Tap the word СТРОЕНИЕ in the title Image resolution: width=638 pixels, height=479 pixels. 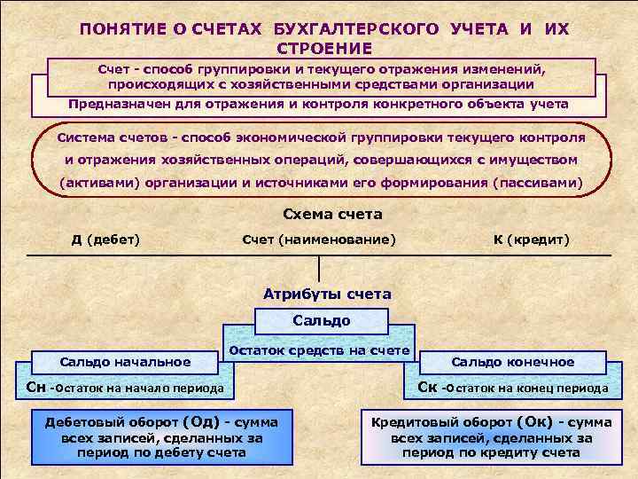point(324,48)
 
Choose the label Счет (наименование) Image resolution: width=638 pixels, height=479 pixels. point(319,239)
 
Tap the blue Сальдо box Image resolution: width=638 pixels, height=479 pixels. point(322,320)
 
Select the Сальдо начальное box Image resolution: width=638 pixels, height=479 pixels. point(125,361)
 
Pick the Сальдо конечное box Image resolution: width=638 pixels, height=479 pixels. point(513,362)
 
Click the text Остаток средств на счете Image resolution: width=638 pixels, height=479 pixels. point(319,351)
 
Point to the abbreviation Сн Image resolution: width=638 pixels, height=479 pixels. point(36,387)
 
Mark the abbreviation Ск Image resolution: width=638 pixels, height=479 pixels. point(427,387)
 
